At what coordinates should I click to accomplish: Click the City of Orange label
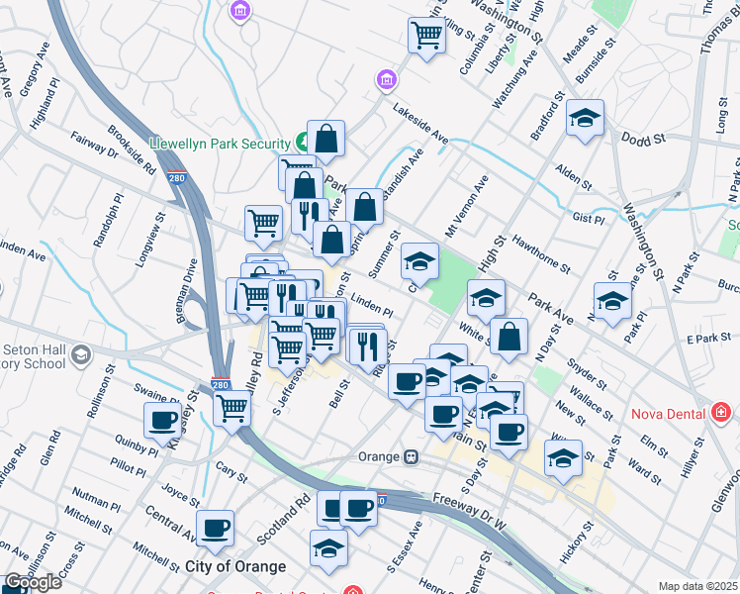(x=235, y=566)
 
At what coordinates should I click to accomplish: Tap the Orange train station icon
(x=411, y=457)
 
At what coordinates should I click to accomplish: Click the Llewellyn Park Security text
(x=219, y=144)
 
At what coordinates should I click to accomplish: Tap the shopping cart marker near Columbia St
(x=426, y=36)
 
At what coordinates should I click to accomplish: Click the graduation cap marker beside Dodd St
(x=585, y=120)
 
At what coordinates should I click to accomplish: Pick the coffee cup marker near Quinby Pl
(x=162, y=419)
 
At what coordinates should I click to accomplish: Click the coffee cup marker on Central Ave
(x=215, y=528)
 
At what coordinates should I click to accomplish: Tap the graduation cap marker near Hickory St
(x=562, y=457)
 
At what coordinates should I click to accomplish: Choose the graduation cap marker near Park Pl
(x=612, y=301)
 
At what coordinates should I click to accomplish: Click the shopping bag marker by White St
(x=509, y=336)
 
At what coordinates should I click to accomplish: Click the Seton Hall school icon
(x=81, y=353)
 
